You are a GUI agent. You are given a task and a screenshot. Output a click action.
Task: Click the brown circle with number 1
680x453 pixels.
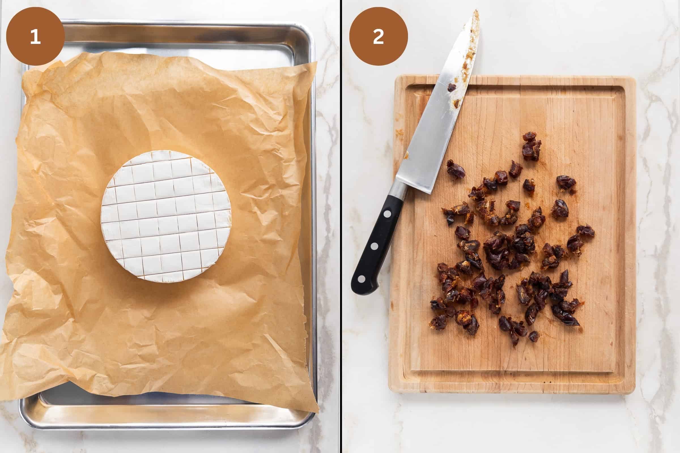(x=35, y=37)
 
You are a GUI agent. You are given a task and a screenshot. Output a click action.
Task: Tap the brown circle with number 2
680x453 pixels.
(x=379, y=37)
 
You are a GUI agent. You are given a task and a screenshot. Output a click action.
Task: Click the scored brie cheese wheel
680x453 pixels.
(x=166, y=216)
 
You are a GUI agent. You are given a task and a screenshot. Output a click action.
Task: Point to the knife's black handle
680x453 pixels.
(x=376, y=243)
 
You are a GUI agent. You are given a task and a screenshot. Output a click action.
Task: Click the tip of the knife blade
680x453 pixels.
(x=476, y=12)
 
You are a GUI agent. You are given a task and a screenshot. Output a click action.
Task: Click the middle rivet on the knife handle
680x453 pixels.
(x=374, y=246)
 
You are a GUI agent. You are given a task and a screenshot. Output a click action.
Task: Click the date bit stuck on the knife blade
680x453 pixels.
(x=452, y=87)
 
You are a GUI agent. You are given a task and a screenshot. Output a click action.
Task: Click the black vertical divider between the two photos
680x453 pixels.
(x=341, y=226)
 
